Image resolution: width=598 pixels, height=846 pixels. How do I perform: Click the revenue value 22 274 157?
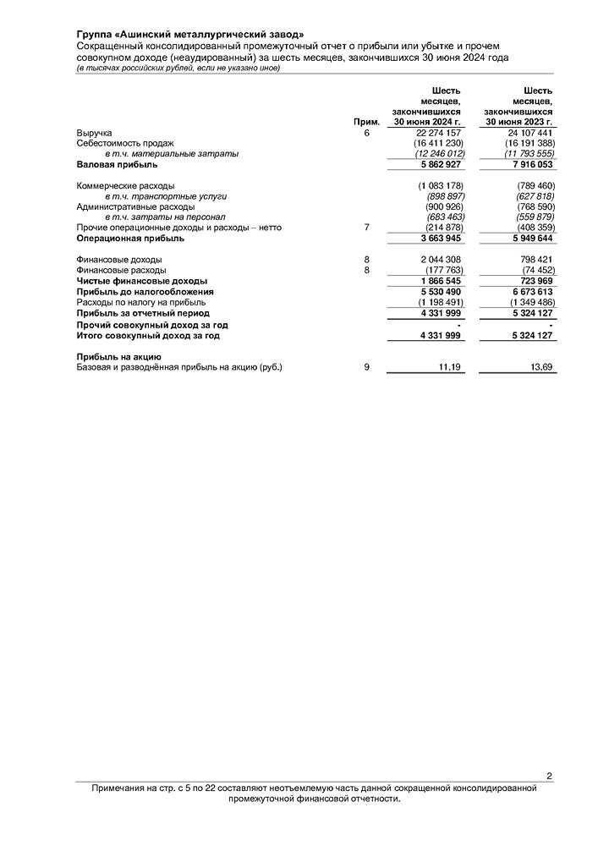pyautogui.click(x=438, y=134)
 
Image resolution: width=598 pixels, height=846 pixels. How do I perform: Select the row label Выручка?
pyautogui.click(x=94, y=134)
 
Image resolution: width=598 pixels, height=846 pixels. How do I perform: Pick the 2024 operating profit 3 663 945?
pyautogui.click(x=438, y=239)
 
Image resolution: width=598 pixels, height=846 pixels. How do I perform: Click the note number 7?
pyautogui.click(x=366, y=228)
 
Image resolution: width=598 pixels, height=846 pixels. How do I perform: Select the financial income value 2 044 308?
pyautogui.click(x=438, y=260)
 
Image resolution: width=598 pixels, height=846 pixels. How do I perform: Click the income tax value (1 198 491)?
pyautogui.click(x=438, y=302)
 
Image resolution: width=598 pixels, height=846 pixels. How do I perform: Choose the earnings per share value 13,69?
pyautogui.click(x=540, y=368)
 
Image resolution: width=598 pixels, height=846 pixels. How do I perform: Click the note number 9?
pyautogui.click(x=366, y=368)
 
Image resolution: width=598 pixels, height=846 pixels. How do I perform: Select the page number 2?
pyautogui.click(x=549, y=776)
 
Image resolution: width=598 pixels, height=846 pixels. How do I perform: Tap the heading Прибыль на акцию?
pyautogui.click(x=118, y=357)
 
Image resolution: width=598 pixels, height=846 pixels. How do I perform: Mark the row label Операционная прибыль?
pyautogui.click(x=130, y=239)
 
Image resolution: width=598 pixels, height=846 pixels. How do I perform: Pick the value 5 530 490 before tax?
pyautogui.click(x=438, y=291)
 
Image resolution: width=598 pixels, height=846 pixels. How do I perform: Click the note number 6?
pyautogui.click(x=366, y=134)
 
